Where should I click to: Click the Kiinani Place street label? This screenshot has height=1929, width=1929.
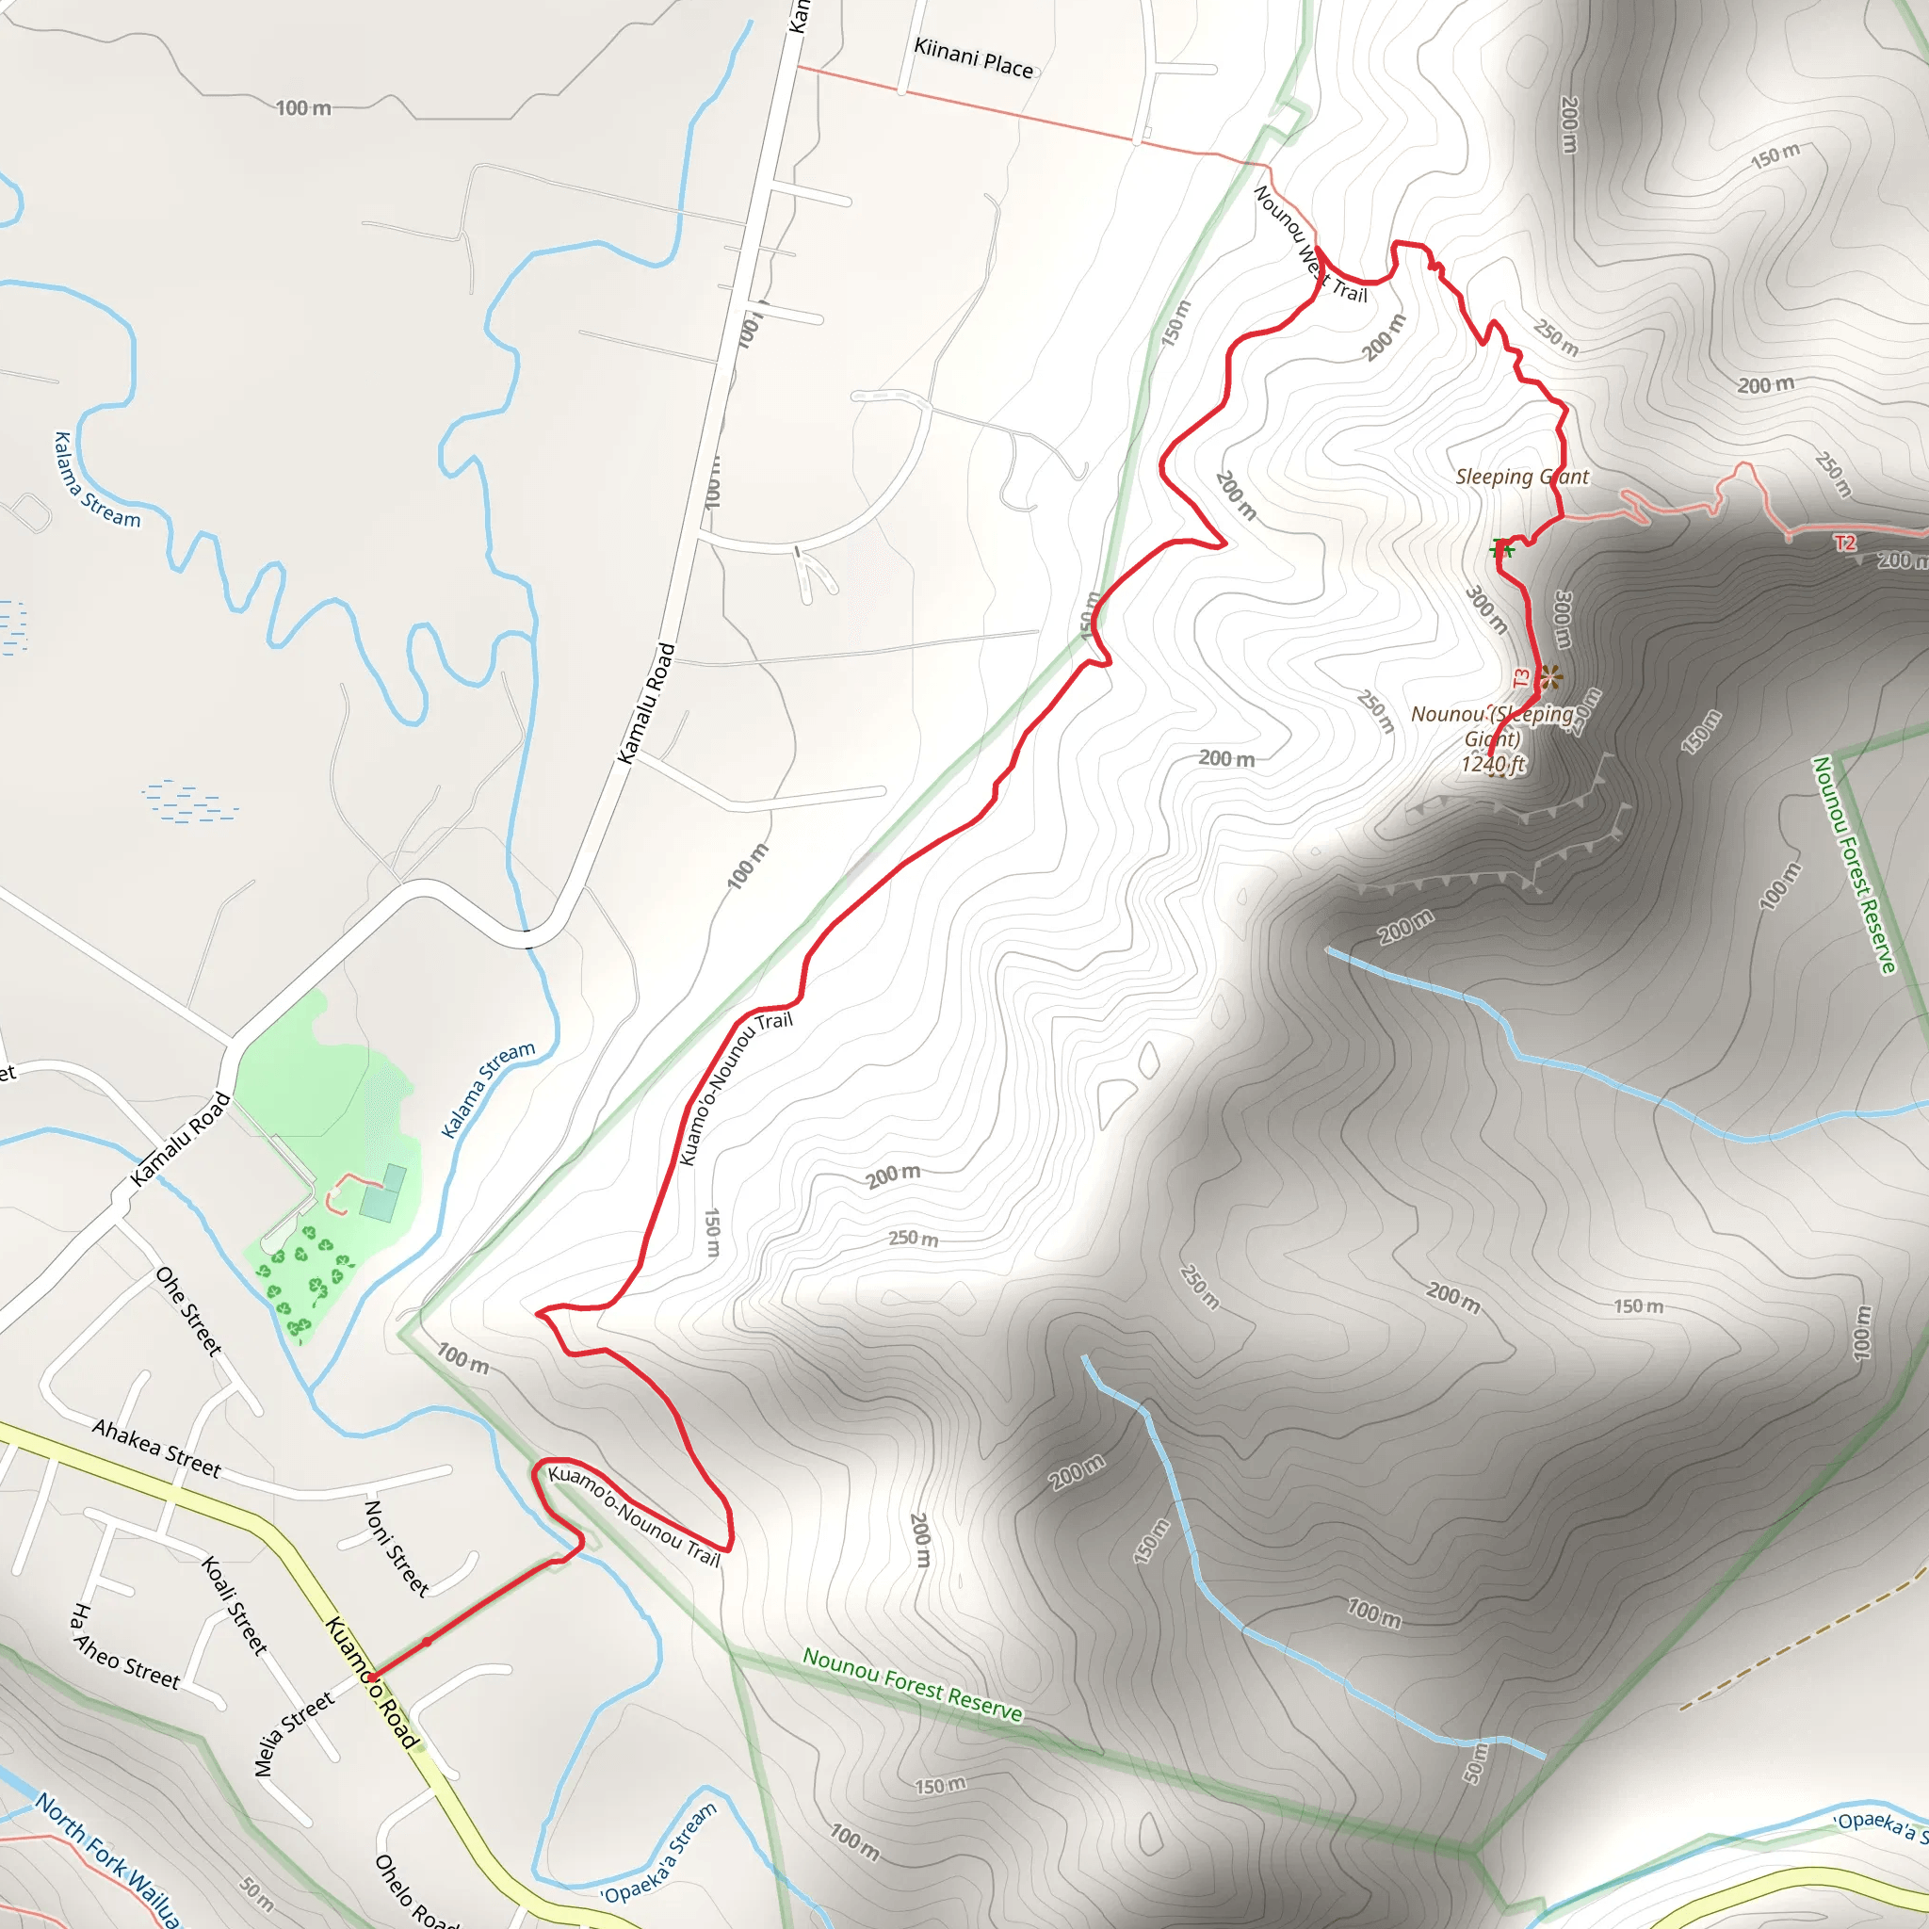(x=974, y=57)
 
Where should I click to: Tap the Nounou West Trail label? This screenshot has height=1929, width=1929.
(x=1309, y=245)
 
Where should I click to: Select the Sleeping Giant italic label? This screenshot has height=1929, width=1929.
(x=1522, y=478)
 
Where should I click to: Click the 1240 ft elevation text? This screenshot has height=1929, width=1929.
(x=1493, y=765)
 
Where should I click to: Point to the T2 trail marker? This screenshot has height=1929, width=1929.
(x=1845, y=543)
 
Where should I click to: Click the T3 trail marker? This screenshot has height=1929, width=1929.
(x=1522, y=678)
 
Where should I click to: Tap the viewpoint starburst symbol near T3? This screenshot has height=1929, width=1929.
(x=1548, y=678)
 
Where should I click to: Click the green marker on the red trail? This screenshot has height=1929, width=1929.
(x=1501, y=548)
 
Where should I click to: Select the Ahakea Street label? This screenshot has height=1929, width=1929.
(x=156, y=1448)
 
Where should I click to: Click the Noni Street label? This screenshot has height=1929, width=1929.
(x=397, y=1548)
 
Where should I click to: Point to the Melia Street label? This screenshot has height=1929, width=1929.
(x=293, y=1734)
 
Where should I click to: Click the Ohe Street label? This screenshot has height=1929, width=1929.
(x=188, y=1311)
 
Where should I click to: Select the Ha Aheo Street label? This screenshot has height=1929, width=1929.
(x=125, y=1648)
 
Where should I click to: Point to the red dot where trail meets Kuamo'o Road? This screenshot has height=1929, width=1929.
(x=371, y=1678)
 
